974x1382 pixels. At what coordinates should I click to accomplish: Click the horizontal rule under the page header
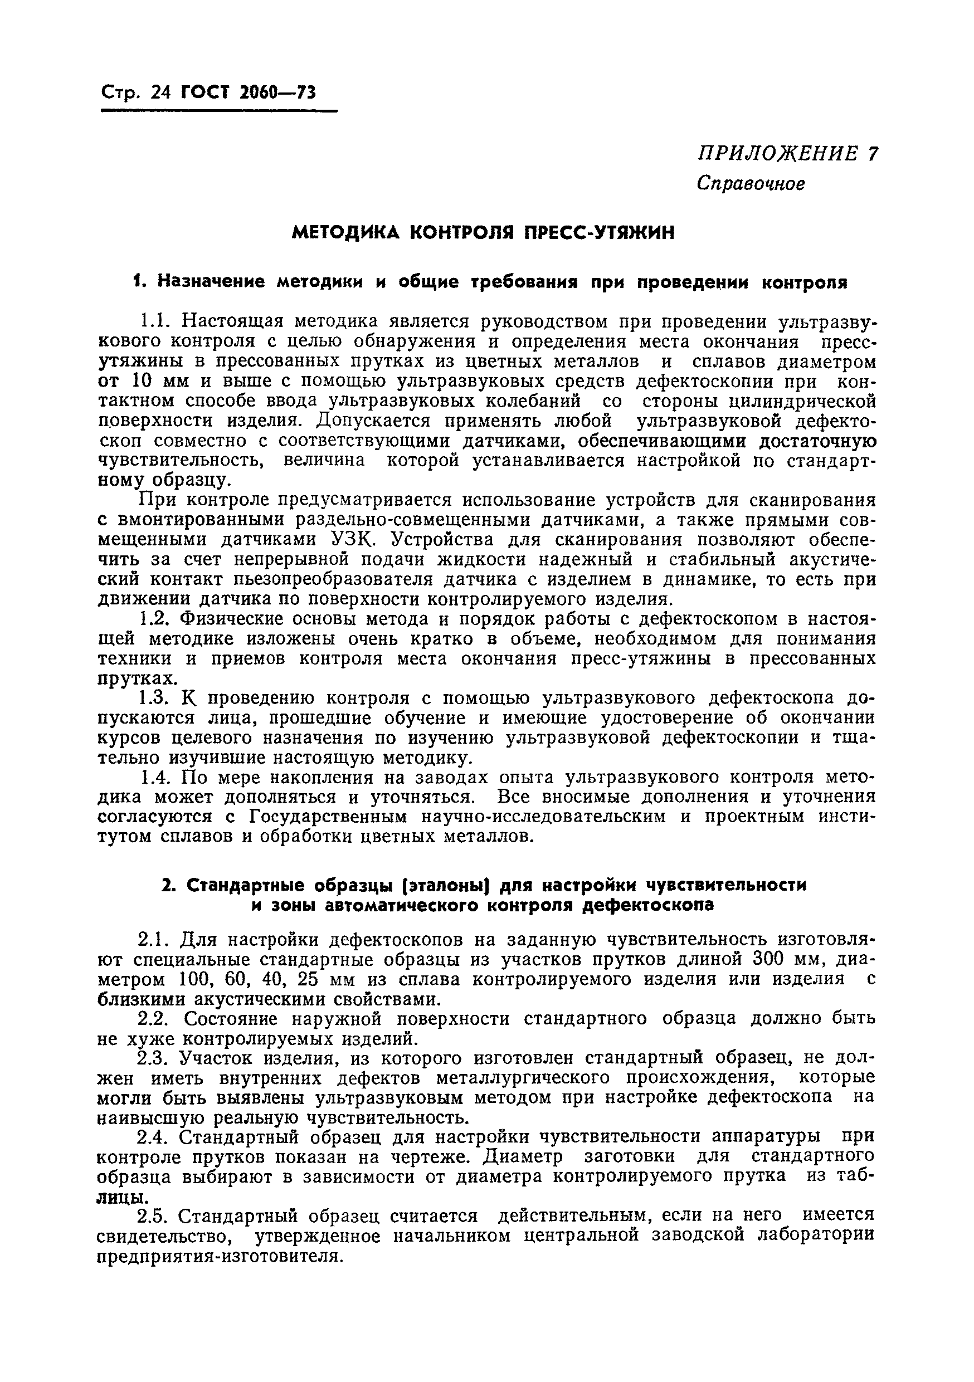(x=218, y=111)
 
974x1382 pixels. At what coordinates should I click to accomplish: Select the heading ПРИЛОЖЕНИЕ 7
(x=787, y=154)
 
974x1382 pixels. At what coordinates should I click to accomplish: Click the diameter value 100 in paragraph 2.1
(x=194, y=979)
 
